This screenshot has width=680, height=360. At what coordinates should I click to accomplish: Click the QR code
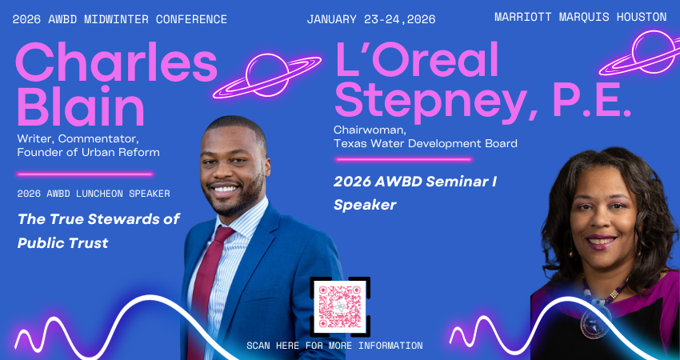(340, 306)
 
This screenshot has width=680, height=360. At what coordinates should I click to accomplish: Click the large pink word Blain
(80, 106)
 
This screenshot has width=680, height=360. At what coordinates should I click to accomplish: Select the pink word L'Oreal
(417, 60)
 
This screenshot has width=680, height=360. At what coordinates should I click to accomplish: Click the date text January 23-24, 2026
(370, 19)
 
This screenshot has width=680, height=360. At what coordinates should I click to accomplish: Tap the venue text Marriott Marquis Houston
(580, 17)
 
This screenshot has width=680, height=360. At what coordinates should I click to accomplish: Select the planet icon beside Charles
(266, 76)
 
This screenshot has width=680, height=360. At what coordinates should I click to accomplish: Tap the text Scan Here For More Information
(334, 346)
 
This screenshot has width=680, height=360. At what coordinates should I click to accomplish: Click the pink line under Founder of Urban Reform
(85, 174)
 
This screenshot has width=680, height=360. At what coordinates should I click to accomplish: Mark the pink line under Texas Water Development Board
(403, 160)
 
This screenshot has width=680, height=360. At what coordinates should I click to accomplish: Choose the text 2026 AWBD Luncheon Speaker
(94, 194)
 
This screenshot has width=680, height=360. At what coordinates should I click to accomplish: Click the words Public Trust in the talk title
(63, 243)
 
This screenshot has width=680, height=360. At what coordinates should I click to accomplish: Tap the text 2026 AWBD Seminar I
(415, 182)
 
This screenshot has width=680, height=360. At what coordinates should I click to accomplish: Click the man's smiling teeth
(226, 189)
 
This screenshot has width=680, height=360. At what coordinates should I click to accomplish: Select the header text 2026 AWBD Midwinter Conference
(120, 19)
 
